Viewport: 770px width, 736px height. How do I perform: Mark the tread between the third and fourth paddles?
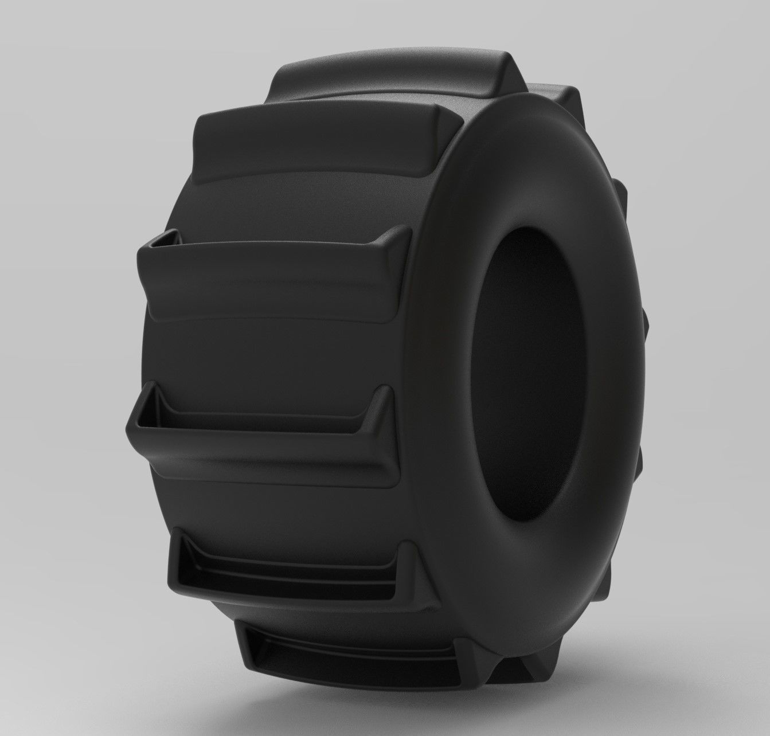tap(275, 355)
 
